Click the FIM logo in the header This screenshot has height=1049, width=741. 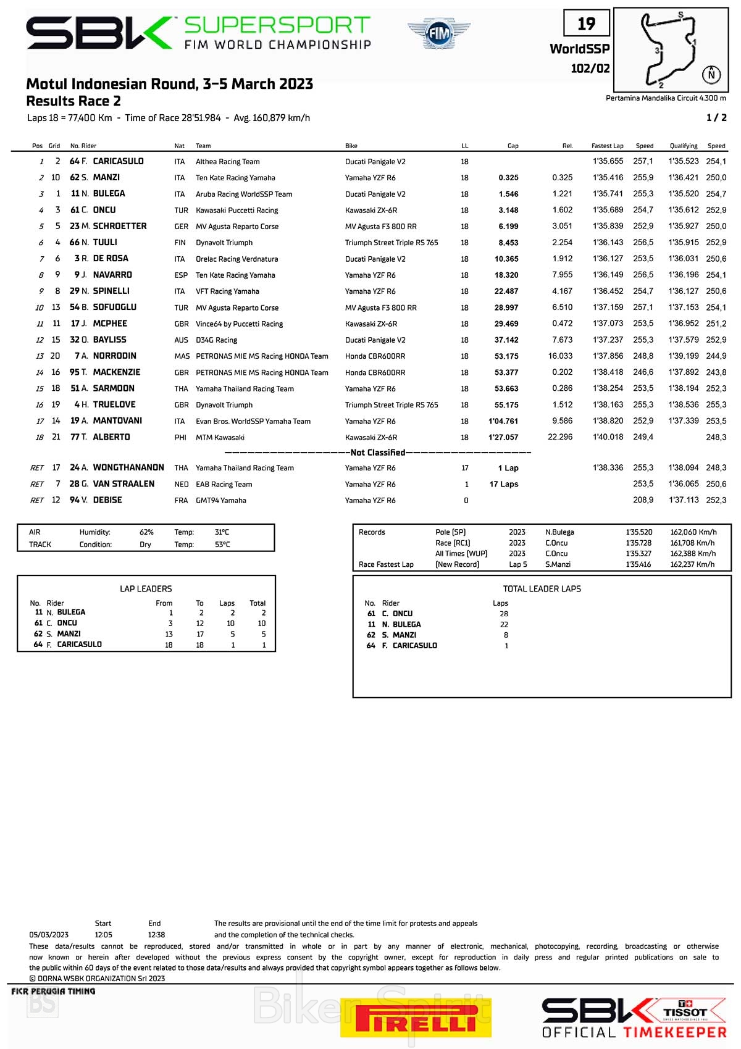pyautogui.click(x=438, y=33)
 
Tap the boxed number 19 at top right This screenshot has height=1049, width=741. pyautogui.click(x=586, y=24)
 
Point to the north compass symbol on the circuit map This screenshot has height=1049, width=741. pyautogui.click(x=711, y=74)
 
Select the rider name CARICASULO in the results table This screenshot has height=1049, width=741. pyautogui.click(x=118, y=161)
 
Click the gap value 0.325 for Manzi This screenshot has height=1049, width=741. pyautogui.click(x=508, y=178)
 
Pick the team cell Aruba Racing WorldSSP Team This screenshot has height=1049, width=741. pyautogui.click(x=244, y=194)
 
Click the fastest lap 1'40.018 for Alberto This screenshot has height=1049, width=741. pyautogui.click(x=608, y=437)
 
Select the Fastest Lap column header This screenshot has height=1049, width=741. pyautogui.click(x=607, y=146)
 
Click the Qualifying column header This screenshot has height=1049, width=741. pyautogui.click(x=684, y=146)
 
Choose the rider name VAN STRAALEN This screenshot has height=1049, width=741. pyautogui.click(x=124, y=484)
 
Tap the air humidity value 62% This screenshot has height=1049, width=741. pyautogui.click(x=146, y=532)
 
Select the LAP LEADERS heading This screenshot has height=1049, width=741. pyautogui.click(x=146, y=589)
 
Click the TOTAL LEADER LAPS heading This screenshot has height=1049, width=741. pyautogui.click(x=542, y=589)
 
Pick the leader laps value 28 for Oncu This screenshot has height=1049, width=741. pyautogui.click(x=504, y=614)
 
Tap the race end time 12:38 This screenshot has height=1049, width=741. pyautogui.click(x=156, y=935)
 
